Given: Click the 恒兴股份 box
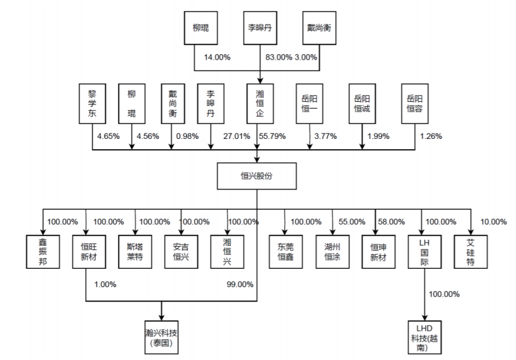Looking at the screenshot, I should (x=257, y=176).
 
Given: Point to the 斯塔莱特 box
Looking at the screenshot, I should (x=135, y=251).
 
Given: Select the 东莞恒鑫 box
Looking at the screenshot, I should (x=286, y=251).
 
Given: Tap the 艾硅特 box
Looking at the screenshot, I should (x=470, y=251).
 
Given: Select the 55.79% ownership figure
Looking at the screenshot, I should (x=272, y=136).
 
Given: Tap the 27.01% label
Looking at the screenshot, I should (x=237, y=136).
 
